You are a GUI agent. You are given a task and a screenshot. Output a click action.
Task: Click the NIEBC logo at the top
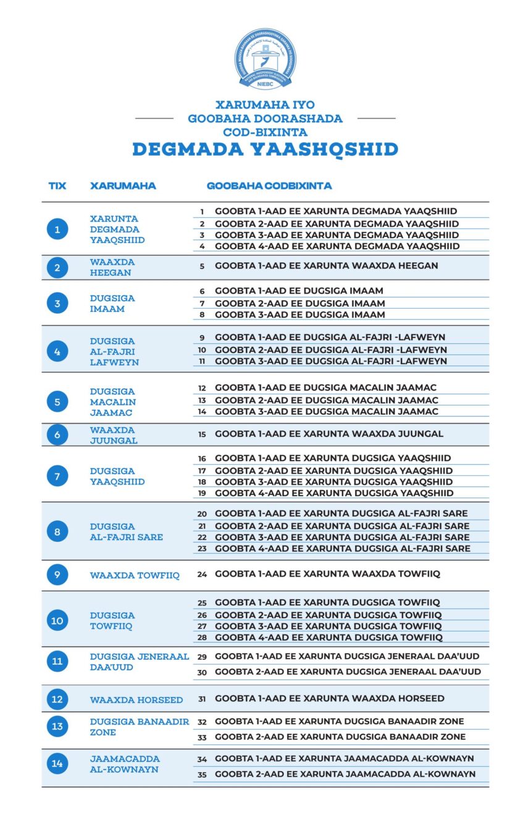[x=265, y=59]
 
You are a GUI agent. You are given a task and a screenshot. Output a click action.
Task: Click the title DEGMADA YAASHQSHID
[x=265, y=149]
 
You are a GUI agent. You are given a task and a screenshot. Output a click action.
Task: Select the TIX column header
[x=57, y=186]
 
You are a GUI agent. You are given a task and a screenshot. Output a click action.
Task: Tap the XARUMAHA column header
[x=123, y=186]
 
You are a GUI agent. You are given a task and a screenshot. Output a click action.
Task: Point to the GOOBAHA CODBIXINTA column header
[x=269, y=186]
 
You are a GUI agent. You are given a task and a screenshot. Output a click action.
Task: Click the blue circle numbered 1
[x=57, y=230]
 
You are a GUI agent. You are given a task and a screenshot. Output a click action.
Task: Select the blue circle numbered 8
[x=57, y=531]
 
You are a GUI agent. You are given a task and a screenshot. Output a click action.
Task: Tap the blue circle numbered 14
[x=57, y=764]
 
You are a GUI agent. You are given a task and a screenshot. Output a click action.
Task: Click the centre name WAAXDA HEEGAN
[x=112, y=267]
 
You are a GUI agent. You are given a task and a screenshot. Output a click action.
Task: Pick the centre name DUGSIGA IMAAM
[x=112, y=303]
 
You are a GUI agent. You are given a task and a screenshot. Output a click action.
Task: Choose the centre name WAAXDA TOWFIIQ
[x=135, y=575]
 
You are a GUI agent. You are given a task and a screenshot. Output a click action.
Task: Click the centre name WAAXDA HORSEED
[x=136, y=700]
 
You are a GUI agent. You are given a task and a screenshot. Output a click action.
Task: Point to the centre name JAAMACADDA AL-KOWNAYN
[x=125, y=764]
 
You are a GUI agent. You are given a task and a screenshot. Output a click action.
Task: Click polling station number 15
[x=202, y=434]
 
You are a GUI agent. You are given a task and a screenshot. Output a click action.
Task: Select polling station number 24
[x=202, y=574]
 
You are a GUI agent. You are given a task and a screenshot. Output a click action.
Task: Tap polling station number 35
[x=202, y=774]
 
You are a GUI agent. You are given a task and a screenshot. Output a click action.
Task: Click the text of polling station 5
[x=326, y=265]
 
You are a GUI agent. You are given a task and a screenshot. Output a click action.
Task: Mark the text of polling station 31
[x=329, y=699]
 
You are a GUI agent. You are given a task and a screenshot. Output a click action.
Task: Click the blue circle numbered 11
[x=57, y=662]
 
